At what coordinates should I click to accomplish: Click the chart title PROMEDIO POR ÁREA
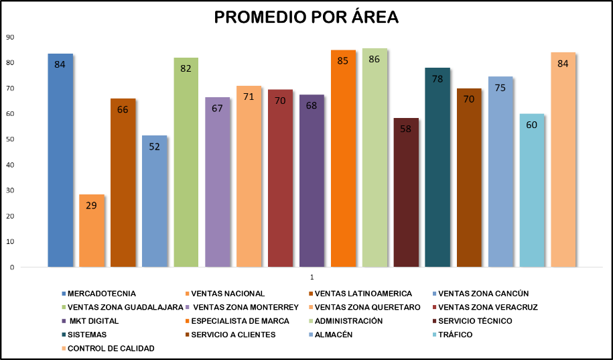point(306,17)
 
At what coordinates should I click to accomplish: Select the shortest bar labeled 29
point(91,231)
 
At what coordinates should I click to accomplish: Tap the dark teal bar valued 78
point(437,168)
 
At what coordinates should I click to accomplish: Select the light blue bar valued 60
point(532,190)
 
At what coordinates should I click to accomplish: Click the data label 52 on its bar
point(154,146)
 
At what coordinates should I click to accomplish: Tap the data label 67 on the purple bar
point(217,108)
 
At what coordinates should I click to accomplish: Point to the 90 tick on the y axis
point(10,37)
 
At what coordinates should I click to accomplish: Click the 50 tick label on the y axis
point(10,139)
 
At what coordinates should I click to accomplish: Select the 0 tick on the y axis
point(12,267)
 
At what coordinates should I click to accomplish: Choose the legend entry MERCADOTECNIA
point(101,294)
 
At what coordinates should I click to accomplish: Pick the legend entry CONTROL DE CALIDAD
point(111,349)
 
